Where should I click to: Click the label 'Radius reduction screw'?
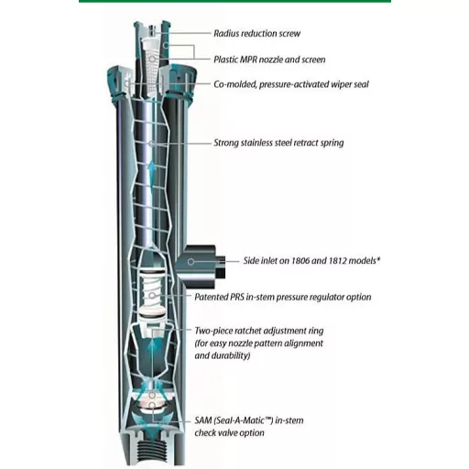pos(256,33)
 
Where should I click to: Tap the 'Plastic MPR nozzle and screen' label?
pos(269,60)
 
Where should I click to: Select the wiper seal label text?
pos(291,84)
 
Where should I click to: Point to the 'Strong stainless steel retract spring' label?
pos(278,143)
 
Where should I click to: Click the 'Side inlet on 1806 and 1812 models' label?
pos(311,261)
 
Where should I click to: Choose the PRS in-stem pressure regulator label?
pos(283,297)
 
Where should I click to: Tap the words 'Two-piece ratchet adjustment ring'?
pos(259,331)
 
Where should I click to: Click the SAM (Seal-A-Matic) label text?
pos(249,427)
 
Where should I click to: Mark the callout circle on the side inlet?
pos(191,262)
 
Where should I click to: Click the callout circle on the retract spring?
pos(152,144)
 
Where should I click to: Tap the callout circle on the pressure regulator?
pos(152,296)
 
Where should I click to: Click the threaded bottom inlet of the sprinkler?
pos(152,452)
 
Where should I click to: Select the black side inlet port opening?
pos(221,267)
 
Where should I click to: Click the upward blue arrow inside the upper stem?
pos(152,172)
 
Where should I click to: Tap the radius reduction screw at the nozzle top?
pos(151,30)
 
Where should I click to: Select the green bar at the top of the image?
pos(234,1)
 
